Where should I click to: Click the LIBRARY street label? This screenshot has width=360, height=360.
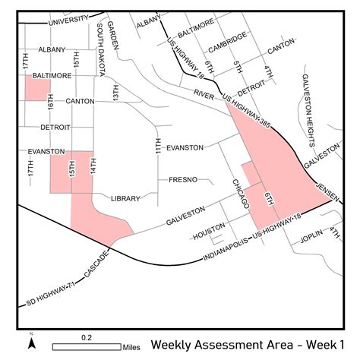125,198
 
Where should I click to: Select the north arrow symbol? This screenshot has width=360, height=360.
31,343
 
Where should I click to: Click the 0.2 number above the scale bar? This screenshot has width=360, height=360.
87,336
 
